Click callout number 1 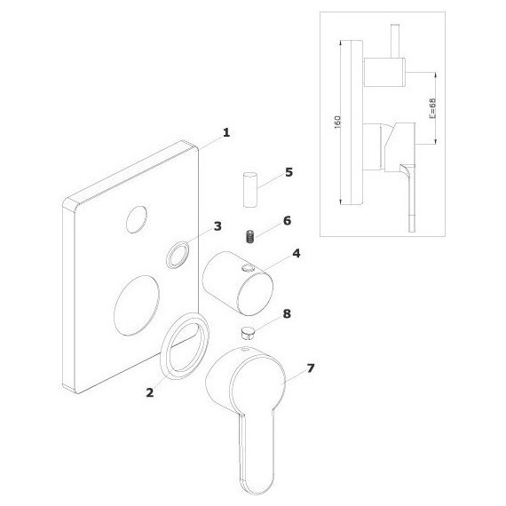[x=226, y=132]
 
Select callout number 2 [x=150, y=392]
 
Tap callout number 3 [x=217, y=226]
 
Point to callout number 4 [x=296, y=253]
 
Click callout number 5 [x=289, y=172]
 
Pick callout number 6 [x=287, y=221]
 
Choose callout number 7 [x=311, y=368]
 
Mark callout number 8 [x=287, y=313]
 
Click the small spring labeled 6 [x=249, y=237]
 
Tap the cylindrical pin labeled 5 [x=250, y=190]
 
